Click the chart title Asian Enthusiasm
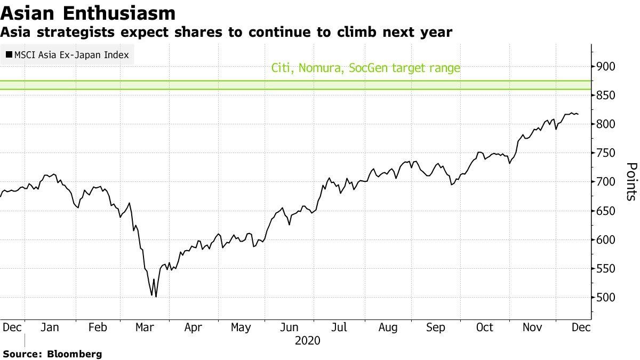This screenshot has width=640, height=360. click(x=88, y=13)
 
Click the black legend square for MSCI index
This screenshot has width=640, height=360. click(x=9, y=54)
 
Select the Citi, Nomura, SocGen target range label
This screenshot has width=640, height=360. click(x=365, y=68)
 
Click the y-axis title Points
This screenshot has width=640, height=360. click(x=630, y=181)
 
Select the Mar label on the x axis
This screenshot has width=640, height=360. click(x=145, y=327)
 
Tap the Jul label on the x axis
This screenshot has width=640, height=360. click(x=339, y=327)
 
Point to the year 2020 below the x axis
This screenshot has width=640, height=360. click(x=307, y=340)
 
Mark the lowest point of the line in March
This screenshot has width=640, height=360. click(x=156, y=297)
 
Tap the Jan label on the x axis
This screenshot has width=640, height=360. click(x=49, y=327)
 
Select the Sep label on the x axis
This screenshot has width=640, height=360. click(x=436, y=327)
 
